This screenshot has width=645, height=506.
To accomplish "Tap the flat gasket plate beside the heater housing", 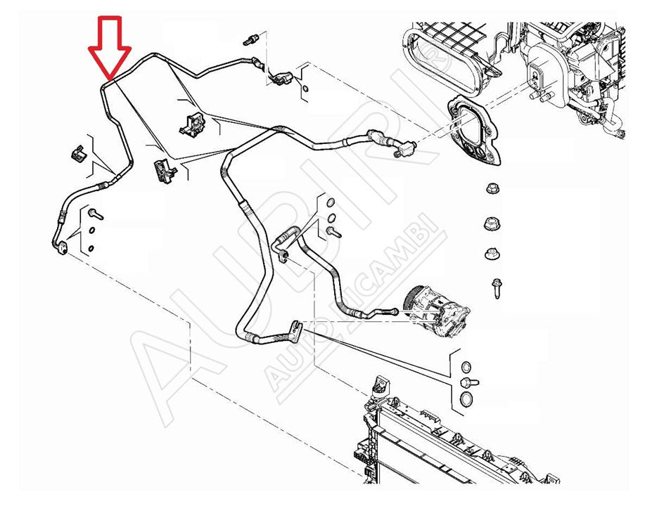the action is pyautogui.click(x=473, y=129).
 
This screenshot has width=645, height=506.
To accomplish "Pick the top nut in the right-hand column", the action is pyautogui.click(x=492, y=188).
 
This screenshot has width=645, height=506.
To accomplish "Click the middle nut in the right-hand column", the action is pyautogui.click(x=492, y=224).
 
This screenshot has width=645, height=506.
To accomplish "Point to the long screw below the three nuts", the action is pyautogui.click(x=497, y=288).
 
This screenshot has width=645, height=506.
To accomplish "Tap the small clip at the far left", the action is pyautogui.click(x=77, y=153).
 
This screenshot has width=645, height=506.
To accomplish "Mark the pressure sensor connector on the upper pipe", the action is pyautogui.click(x=280, y=78).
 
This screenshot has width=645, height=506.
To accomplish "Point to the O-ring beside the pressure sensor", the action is pyautogui.click(x=305, y=89).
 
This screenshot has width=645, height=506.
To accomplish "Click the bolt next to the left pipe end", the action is pyautogui.click(x=96, y=214).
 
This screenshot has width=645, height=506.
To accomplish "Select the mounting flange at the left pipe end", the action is pyautogui.click(x=62, y=248).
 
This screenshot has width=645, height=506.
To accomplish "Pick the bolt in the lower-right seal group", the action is pyautogui.click(x=469, y=382).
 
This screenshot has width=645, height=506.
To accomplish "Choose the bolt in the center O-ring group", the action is pyautogui.click(x=334, y=233).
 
